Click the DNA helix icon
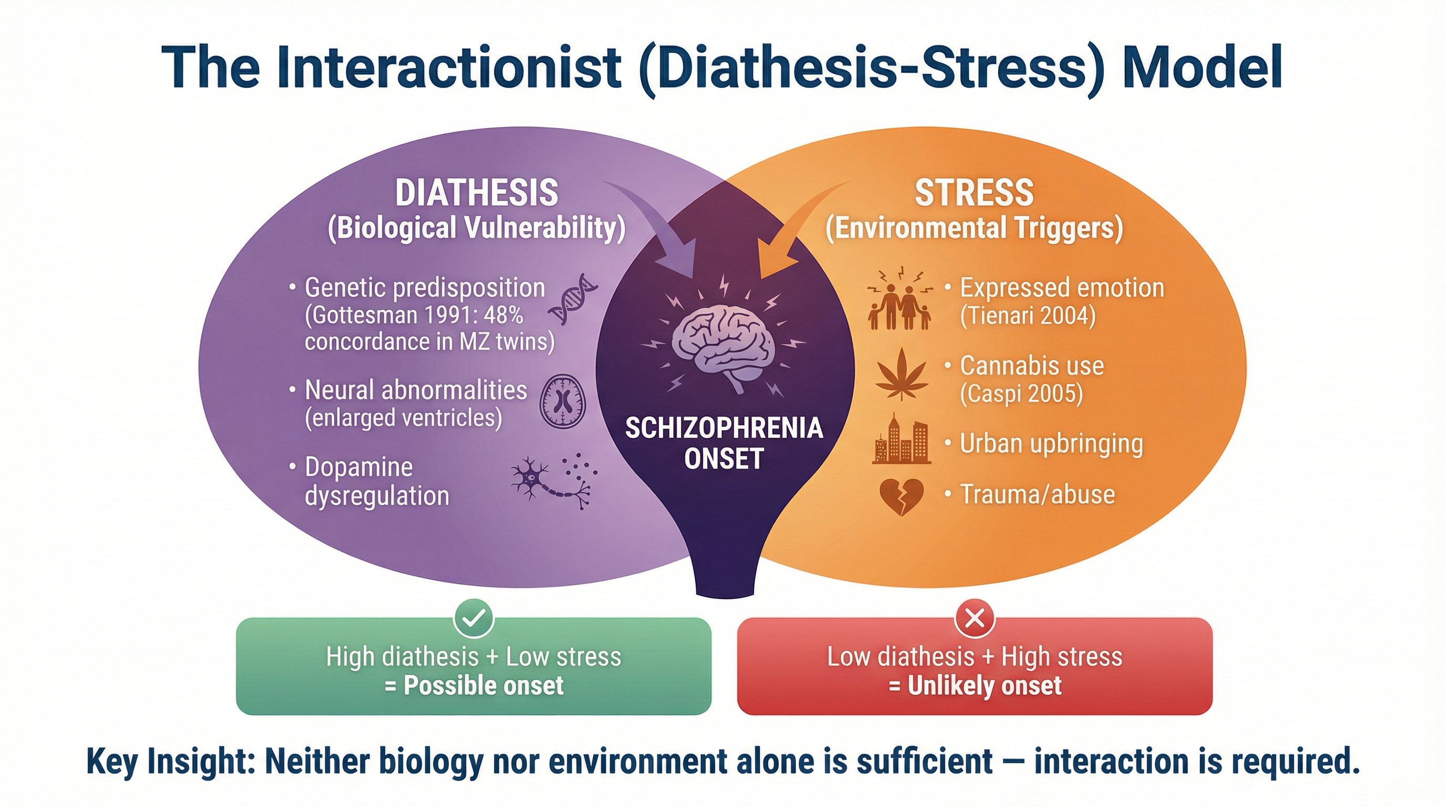[x=573, y=299]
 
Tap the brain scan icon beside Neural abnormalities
[x=562, y=401]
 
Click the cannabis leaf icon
[x=902, y=374]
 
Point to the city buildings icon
[x=902, y=440]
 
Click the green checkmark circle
[x=474, y=618]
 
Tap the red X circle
[x=975, y=619]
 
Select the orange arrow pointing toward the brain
[x=797, y=230]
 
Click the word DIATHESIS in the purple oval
[x=477, y=194]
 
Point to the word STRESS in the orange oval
[x=975, y=194]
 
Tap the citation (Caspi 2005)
[x=1021, y=394]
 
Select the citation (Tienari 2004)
[x=1028, y=316]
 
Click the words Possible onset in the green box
[x=484, y=686]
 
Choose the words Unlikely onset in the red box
[x=985, y=686]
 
